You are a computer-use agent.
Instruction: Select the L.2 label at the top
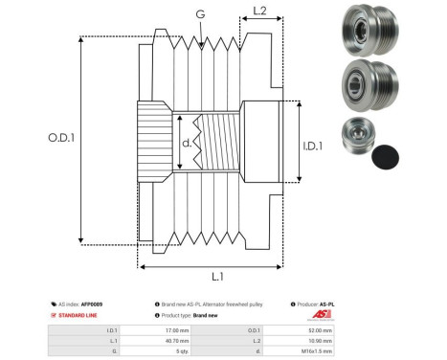point(258,11)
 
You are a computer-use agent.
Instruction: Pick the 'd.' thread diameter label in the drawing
point(187,146)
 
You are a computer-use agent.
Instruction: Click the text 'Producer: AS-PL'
point(314,304)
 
